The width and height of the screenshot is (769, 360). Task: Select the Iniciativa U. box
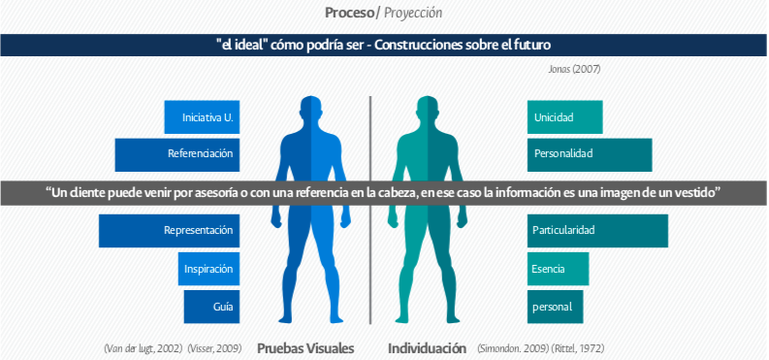point(201,117)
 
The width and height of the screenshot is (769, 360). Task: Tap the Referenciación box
point(176,153)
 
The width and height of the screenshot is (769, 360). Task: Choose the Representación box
point(168,231)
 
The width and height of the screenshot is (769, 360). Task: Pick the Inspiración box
point(208,268)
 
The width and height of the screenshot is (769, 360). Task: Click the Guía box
point(210,307)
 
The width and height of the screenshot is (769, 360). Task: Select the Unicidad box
point(564,117)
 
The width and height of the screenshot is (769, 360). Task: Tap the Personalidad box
point(589,153)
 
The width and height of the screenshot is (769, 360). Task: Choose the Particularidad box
point(597,231)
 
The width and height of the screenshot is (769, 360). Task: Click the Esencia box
point(559,268)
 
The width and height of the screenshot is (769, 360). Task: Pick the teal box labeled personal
point(555,307)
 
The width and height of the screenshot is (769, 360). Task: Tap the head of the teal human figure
point(428,109)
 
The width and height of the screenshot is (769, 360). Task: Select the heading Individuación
point(427,347)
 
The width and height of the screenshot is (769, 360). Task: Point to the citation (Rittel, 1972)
point(581,347)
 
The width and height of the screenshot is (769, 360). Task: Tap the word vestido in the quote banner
point(694,192)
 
